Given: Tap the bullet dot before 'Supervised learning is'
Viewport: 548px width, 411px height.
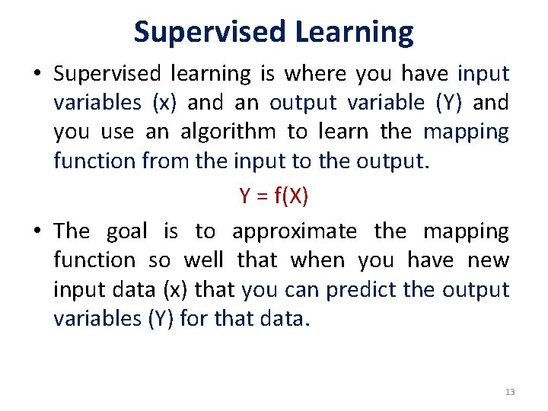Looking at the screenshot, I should click(37, 75).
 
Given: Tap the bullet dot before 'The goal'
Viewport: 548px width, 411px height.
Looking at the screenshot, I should click(37, 231).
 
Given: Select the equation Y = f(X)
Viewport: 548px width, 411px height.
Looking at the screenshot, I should click(273, 196).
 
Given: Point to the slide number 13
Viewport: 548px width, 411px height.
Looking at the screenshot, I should click(509, 392).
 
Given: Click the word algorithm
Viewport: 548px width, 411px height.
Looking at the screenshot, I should click(228, 132).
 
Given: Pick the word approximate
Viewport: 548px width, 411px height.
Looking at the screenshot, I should click(294, 231).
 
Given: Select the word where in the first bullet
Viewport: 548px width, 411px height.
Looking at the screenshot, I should click(317, 74).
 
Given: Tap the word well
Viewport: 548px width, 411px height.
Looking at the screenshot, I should click(204, 260).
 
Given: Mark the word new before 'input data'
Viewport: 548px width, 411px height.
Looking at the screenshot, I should click(488, 260).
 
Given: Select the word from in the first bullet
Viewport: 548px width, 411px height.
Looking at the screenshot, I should click(180, 161).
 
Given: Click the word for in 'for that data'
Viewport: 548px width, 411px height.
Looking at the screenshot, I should click(196, 319).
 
